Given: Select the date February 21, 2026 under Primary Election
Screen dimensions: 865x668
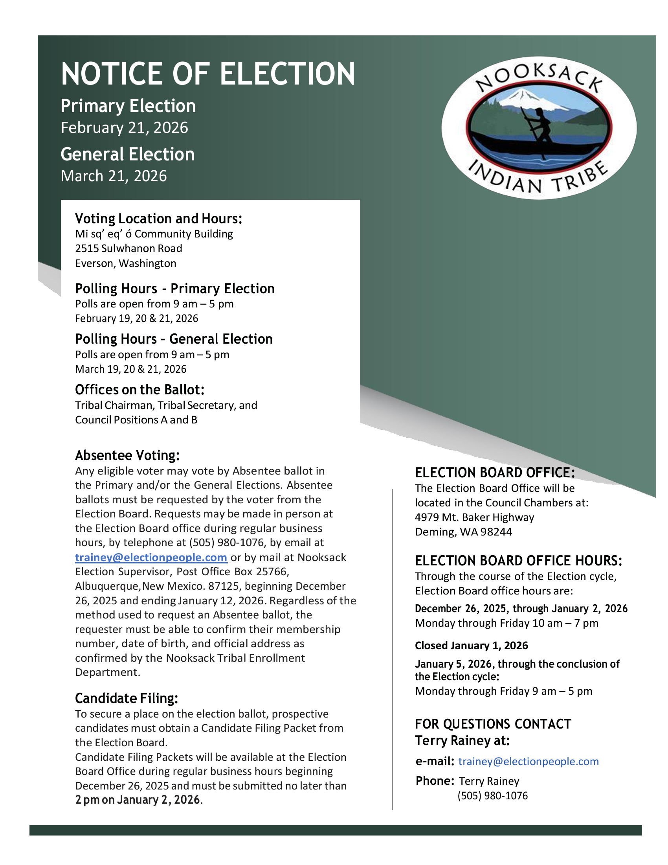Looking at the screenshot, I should click(124, 128).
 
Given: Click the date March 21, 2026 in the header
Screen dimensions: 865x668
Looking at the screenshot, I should click(114, 176).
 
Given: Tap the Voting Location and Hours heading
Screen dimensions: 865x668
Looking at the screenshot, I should click(158, 219).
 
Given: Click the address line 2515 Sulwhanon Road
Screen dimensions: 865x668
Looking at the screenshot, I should click(128, 249).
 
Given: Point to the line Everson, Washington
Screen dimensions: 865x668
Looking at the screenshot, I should click(125, 263).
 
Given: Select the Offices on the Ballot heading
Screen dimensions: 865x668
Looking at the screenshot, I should click(140, 390).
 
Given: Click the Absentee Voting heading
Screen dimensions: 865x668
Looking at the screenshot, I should click(127, 455).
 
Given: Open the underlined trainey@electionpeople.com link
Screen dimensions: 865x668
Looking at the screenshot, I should click(151, 558).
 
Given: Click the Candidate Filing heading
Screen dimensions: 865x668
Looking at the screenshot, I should click(127, 698).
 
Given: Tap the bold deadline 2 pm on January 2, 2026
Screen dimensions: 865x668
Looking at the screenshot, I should click(137, 800).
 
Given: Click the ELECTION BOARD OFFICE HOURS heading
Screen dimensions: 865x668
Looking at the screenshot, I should click(518, 561).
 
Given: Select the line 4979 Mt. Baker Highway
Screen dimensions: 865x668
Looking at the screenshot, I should click(475, 517).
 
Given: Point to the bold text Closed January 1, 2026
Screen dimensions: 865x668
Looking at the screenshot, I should click(471, 646).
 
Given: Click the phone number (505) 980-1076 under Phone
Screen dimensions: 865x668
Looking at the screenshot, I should click(492, 796).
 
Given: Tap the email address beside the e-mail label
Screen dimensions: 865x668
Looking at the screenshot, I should click(528, 761).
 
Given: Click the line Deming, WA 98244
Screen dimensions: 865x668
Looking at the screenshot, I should click(463, 532).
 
